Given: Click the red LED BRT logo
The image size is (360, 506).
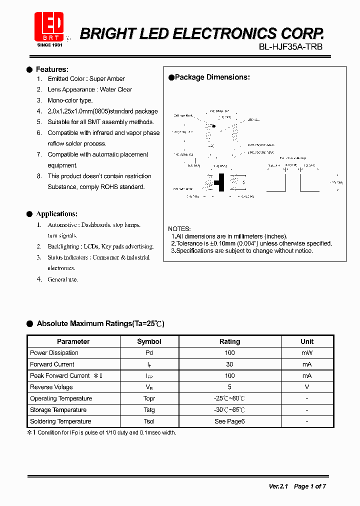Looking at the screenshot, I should click(x=49, y=26).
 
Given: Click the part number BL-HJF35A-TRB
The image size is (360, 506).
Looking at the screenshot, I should click(x=290, y=46).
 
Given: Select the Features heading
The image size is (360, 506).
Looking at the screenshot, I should click(x=52, y=69).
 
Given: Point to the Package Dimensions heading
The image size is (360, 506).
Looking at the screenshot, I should click(x=212, y=77).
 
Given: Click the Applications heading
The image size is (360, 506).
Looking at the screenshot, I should click(x=56, y=214).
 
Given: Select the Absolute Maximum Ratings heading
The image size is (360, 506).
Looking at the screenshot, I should click(x=100, y=324).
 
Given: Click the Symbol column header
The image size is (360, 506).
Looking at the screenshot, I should click(x=149, y=341).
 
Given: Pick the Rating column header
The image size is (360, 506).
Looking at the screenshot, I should click(x=229, y=341).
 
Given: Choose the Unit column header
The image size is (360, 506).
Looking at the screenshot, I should click(x=307, y=341).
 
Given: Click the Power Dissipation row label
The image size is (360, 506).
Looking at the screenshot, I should click(x=54, y=353).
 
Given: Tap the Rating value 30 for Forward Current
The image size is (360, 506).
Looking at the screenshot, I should click(x=229, y=364).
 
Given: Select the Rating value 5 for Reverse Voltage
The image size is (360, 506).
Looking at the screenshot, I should click(x=229, y=387).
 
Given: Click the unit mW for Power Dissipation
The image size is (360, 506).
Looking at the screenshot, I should click(x=307, y=353).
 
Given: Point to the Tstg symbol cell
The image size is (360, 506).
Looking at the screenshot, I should click(x=149, y=410).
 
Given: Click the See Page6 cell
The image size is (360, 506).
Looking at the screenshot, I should click(x=229, y=421).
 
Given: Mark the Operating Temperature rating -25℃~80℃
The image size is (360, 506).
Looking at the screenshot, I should click(x=229, y=398).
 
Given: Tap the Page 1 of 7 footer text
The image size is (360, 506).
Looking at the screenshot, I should click(x=310, y=486).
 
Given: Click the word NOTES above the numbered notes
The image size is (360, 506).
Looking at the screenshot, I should click(x=179, y=228).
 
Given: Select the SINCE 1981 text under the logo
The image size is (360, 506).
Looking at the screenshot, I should click(x=50, y=45).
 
